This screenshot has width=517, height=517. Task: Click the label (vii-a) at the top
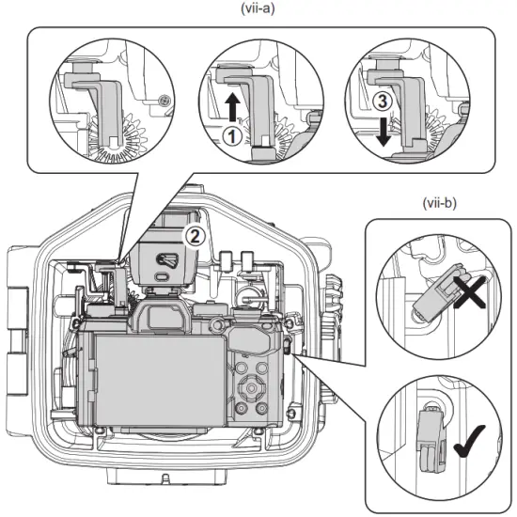tap(258, 11)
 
